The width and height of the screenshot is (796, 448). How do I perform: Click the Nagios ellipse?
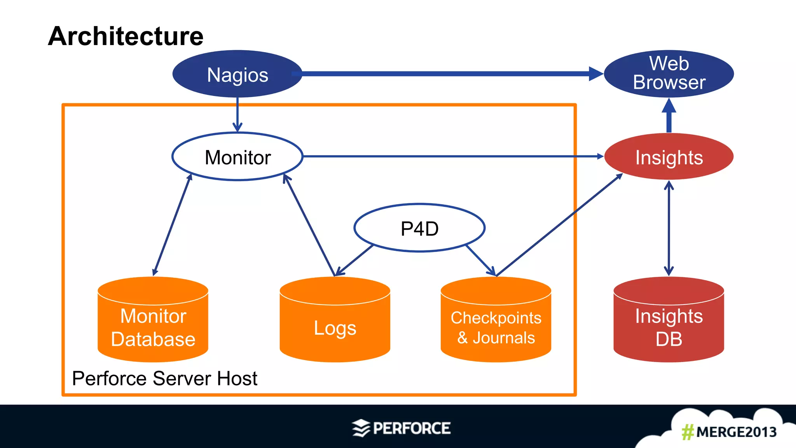[x=237, y=74]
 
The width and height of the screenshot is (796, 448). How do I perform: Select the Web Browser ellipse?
[x=669, y=73]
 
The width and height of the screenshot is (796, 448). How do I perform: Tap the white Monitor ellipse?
[x=237, y=157]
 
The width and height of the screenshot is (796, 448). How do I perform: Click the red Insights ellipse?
[x=669, y=157]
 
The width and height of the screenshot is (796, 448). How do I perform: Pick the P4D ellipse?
[x=419, y=228]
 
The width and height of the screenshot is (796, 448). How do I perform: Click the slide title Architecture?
[x=126, y=36]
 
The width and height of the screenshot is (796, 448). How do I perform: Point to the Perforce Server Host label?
[x=164, y=378]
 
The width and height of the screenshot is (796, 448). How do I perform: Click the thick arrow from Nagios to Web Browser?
[x=447, y=73]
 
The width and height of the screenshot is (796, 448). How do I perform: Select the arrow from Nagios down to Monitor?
[x=237, y=115]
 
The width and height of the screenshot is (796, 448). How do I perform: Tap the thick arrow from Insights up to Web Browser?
[x=669, y=117]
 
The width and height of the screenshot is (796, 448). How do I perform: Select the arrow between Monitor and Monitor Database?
[x=172, y=226]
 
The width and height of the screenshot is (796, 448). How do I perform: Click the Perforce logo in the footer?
[x=401, y=428]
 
